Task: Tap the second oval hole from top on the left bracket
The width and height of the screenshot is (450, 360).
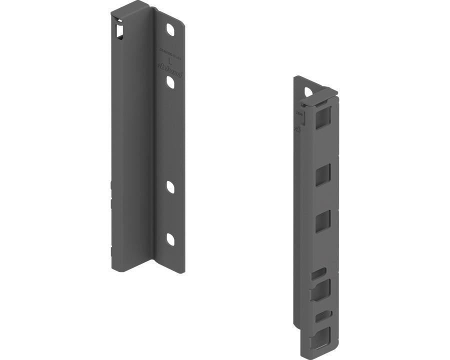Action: (x=170, y=82)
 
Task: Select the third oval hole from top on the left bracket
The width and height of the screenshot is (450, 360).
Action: (x=170, y=187)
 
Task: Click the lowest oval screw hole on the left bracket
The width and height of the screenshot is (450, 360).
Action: (x=170, y=239)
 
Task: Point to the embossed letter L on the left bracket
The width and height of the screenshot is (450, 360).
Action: (x=170, y=62)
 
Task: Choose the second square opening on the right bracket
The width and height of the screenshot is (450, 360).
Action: (x=323, y=175)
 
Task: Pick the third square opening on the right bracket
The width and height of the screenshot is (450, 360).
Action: (x=323, y=221)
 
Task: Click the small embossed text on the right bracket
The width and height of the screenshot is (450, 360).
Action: (x=298, y=114)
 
